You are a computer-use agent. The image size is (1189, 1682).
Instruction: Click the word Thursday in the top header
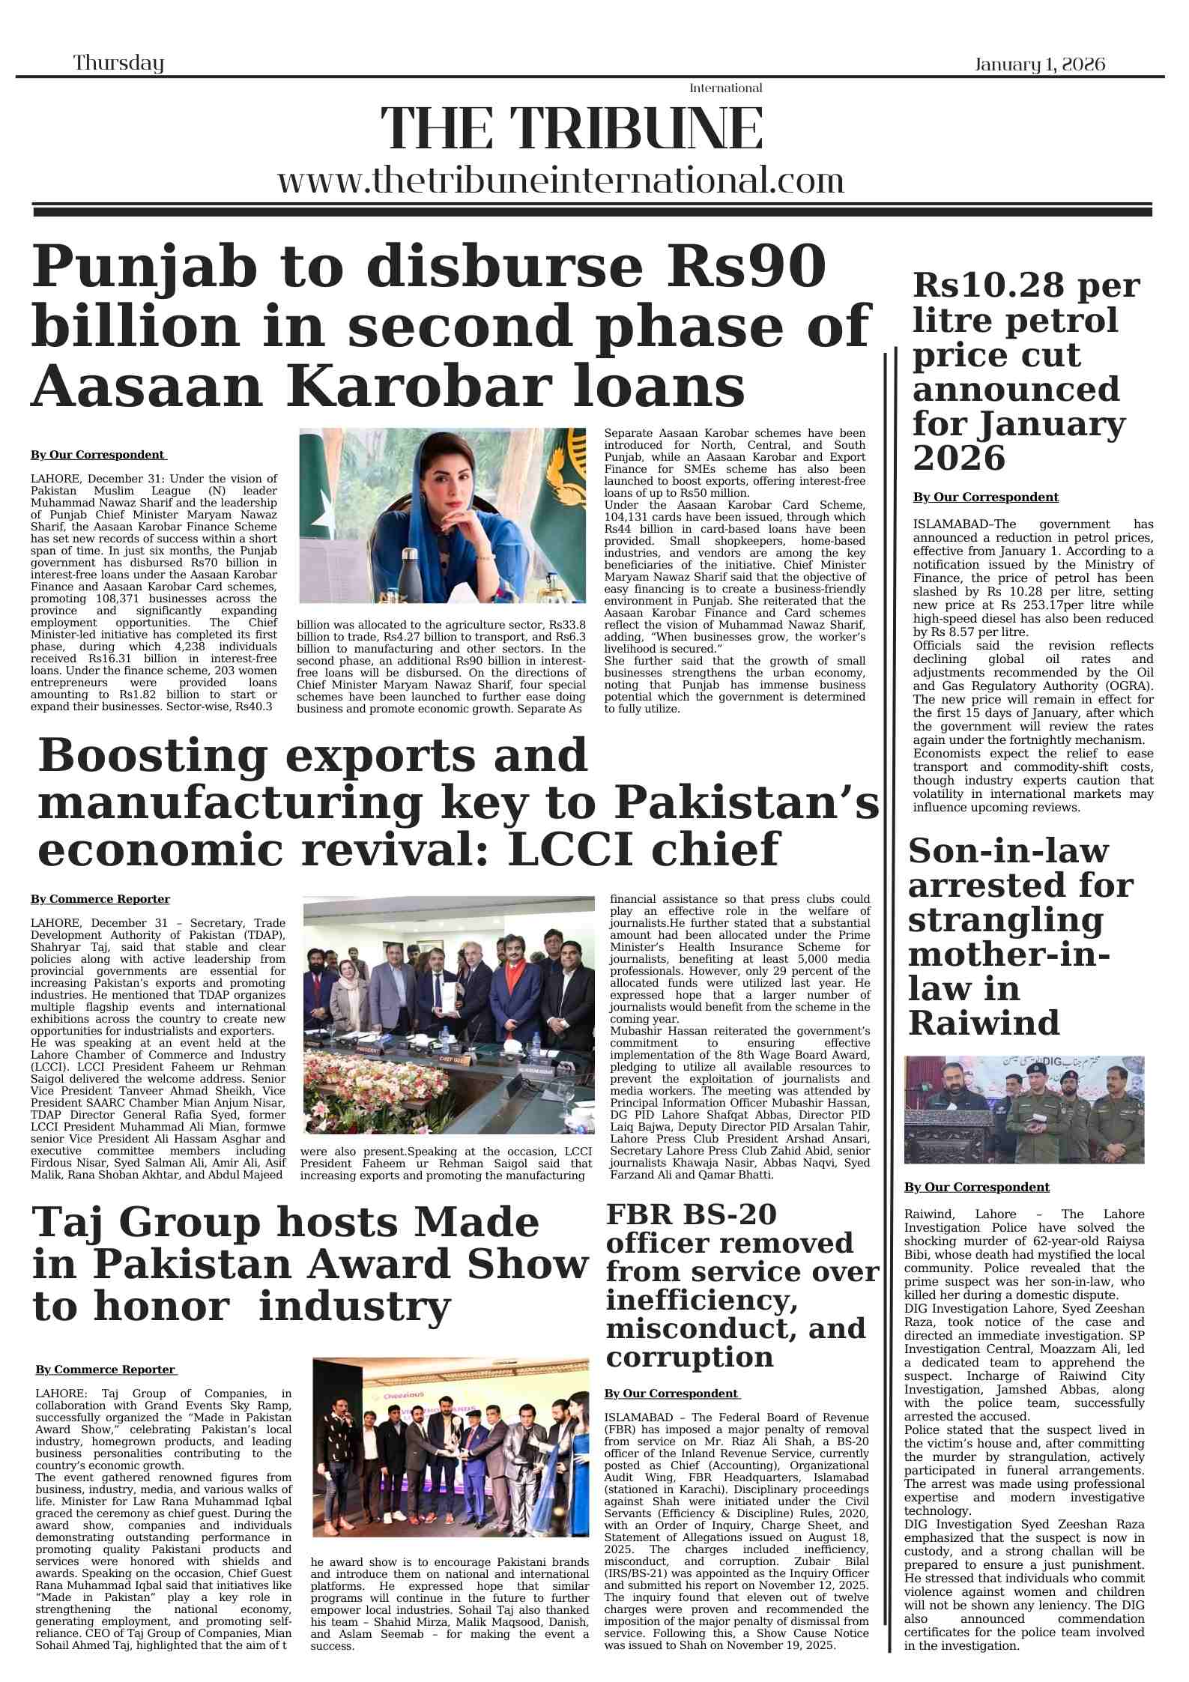coord(118,63)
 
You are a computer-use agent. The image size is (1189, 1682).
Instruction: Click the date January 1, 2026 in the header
coord(1039,64)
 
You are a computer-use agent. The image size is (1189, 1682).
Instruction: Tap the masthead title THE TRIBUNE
coord(572,129)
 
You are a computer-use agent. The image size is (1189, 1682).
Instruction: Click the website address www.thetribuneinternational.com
coord(560,181)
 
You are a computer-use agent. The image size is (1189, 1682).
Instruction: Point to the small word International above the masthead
coord(725,88)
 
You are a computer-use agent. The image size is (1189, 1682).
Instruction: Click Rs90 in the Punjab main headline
coord(751,267)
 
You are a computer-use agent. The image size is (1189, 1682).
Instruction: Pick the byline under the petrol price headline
coord(985,497)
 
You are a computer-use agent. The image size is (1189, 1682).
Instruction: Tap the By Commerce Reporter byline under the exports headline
coord(100,899)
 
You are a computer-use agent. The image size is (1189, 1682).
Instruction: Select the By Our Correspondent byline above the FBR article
coord(672,1394)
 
